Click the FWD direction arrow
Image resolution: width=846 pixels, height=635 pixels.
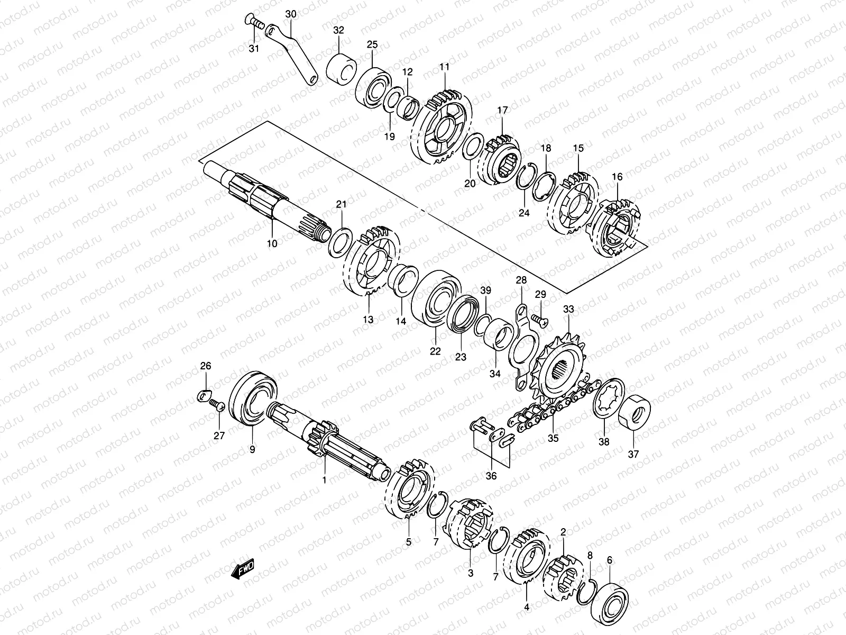[243, 569]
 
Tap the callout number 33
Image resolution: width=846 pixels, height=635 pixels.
[568, 309]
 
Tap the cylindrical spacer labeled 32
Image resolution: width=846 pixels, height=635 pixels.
[342, 69]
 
